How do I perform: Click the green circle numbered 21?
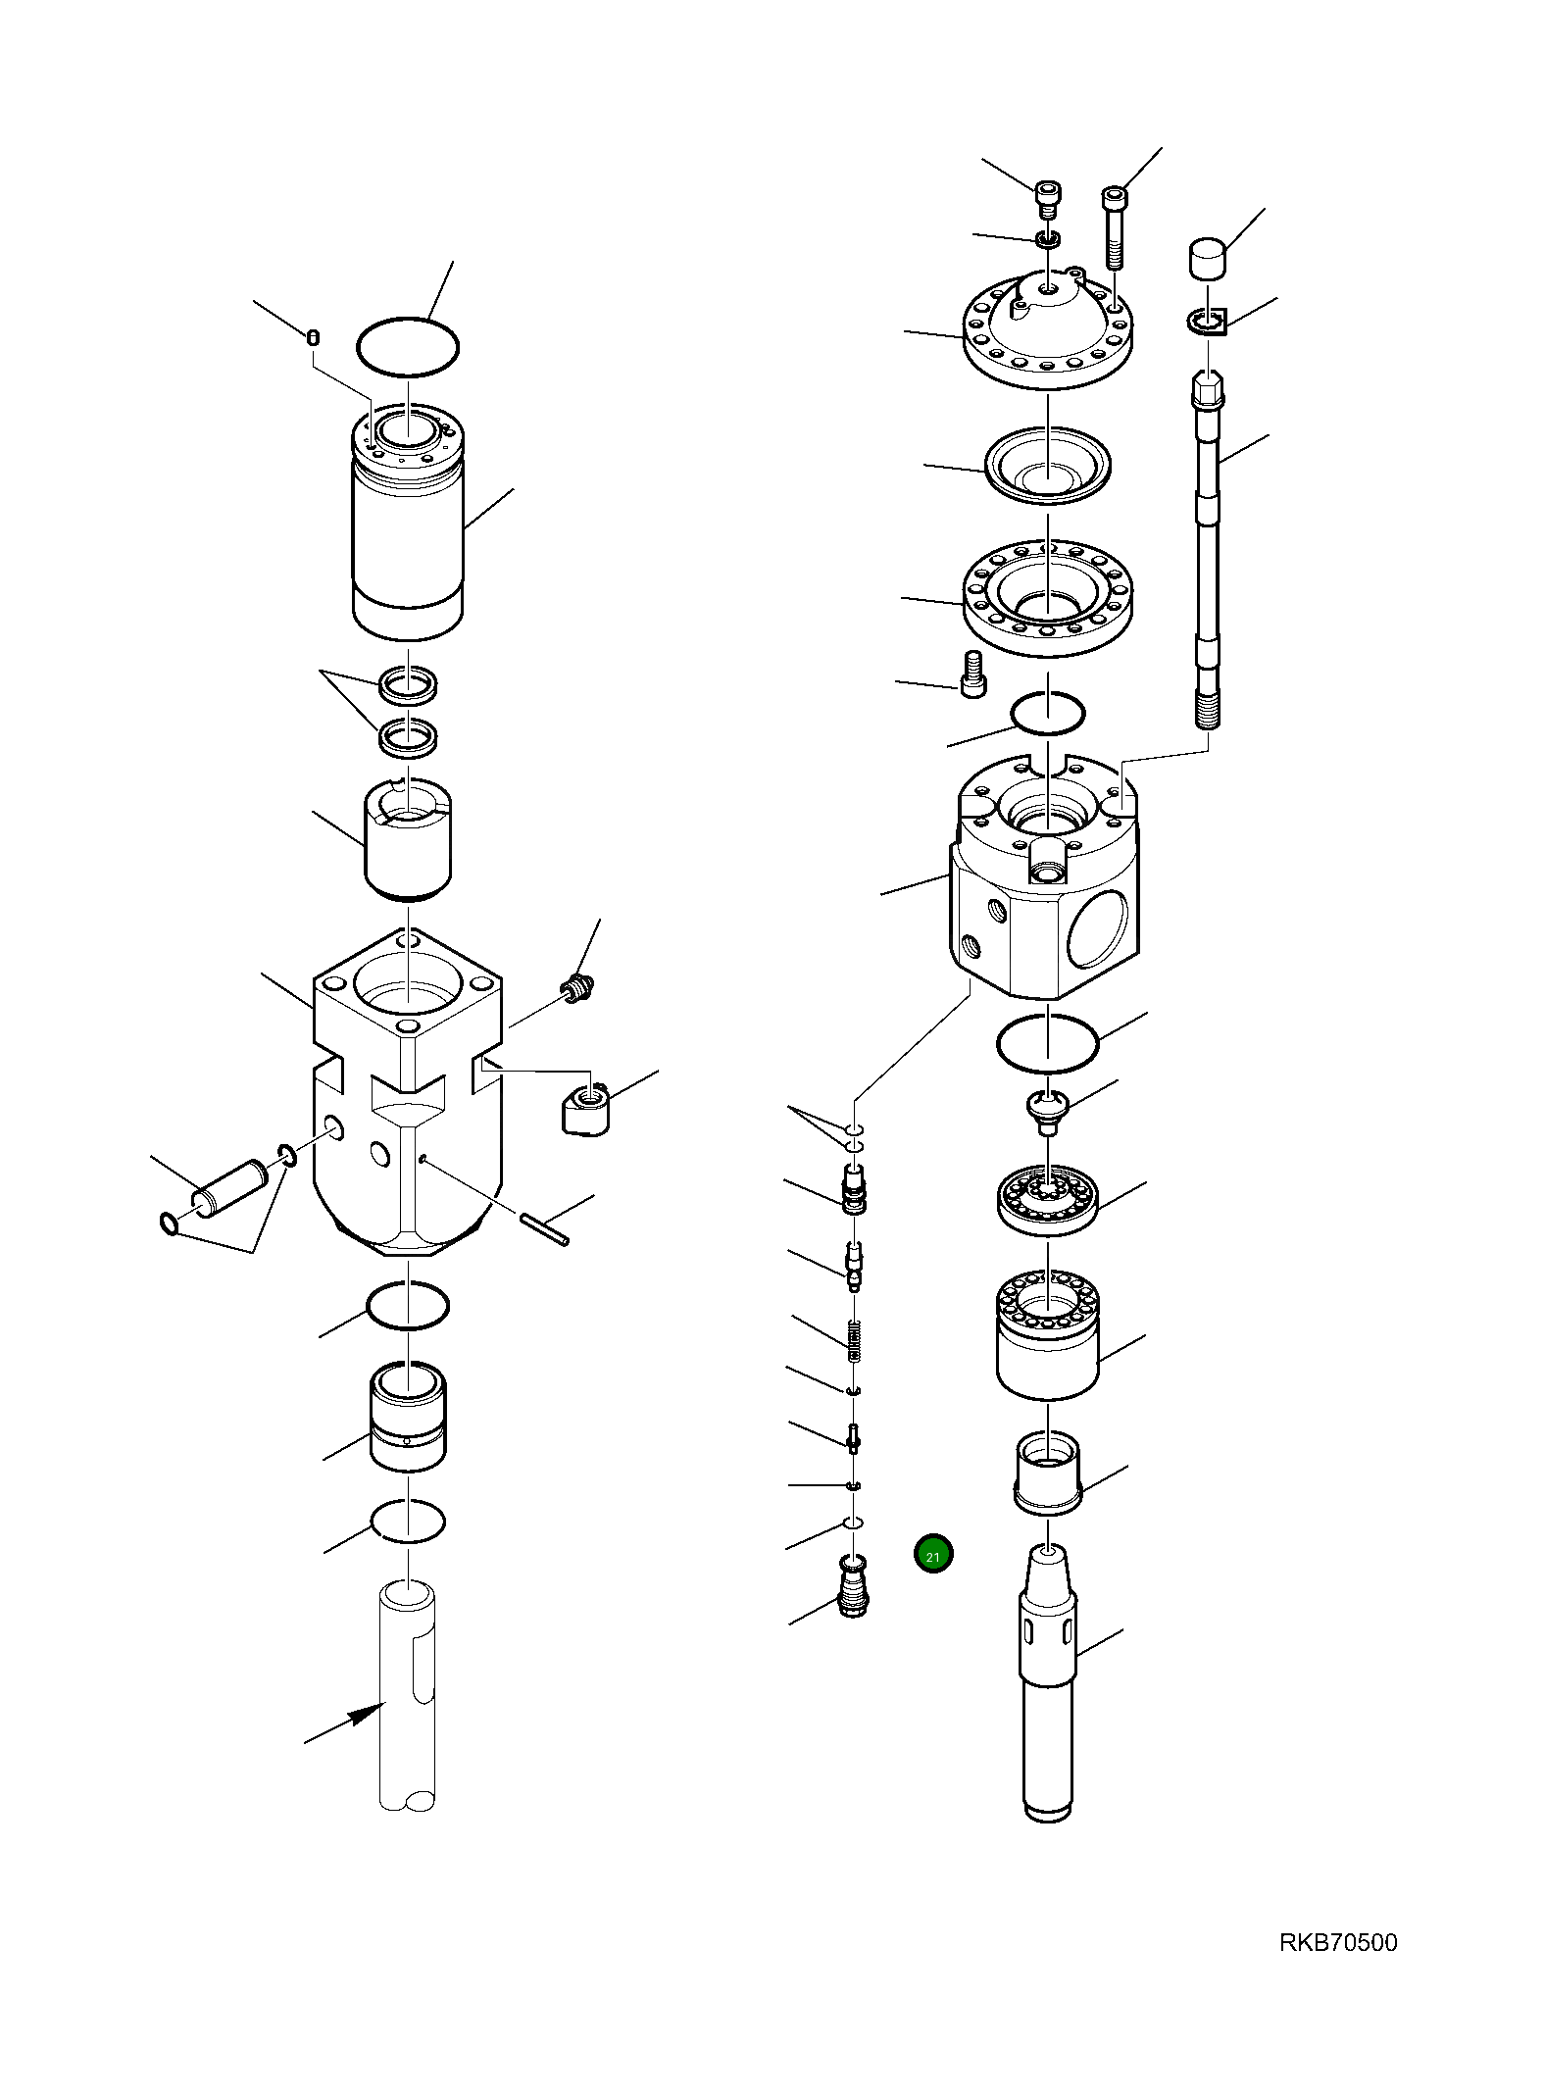[932, 1555]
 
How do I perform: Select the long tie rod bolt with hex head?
[1208, 549]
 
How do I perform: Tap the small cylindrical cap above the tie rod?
[1208, 259]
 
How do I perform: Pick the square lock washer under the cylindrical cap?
[1208, 321]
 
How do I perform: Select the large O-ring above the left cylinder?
[407, 346]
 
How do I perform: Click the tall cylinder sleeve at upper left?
[407, 522]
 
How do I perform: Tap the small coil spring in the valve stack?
[854, 1340]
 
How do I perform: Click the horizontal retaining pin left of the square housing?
[230, 1188]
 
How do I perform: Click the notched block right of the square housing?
[585, 1108]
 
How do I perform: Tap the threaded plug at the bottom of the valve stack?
[854, 1585]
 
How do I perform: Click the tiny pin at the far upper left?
[313, 338]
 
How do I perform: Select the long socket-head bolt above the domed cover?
[1116, 227]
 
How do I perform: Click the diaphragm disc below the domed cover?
[1047, 466]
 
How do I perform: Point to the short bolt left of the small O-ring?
[972, 674]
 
